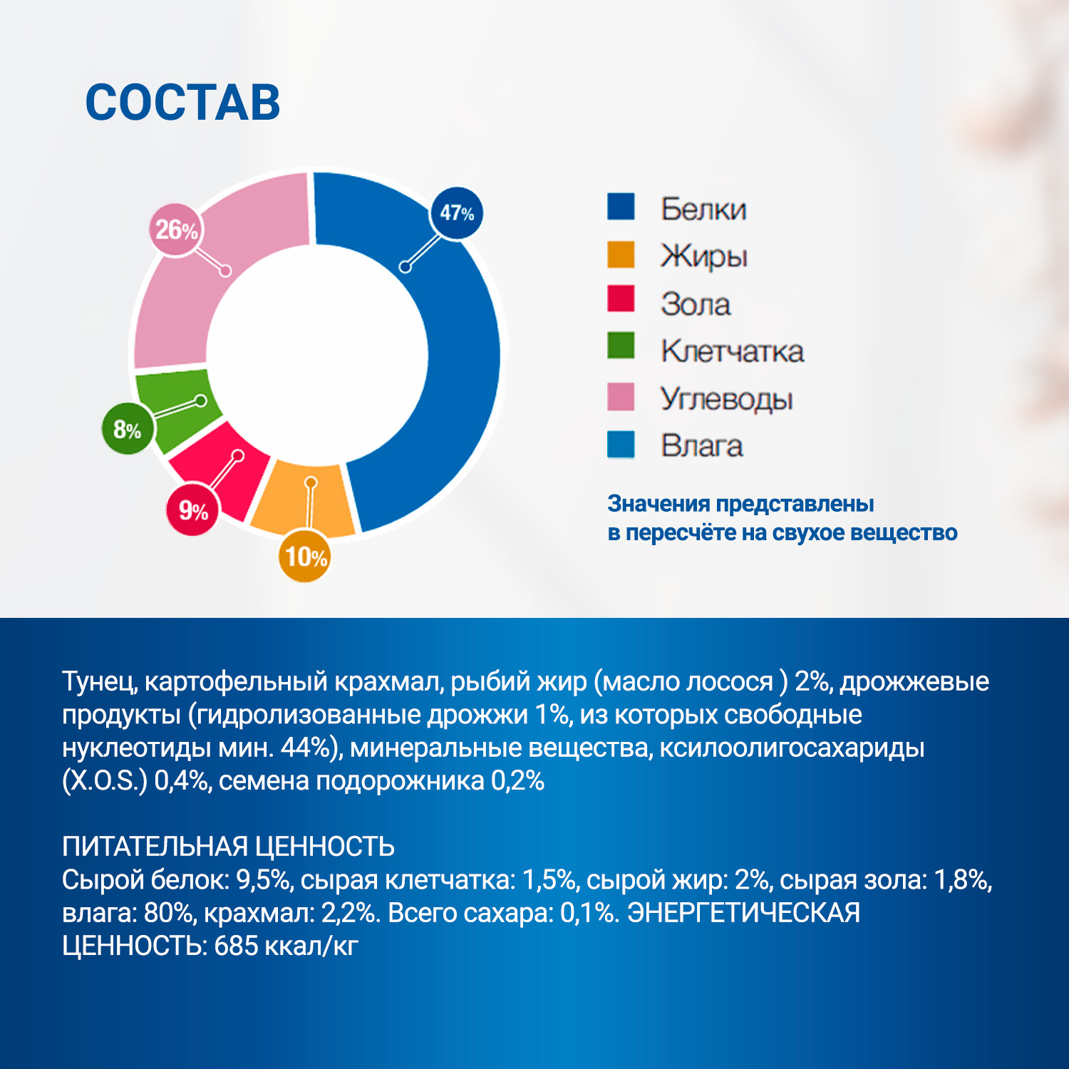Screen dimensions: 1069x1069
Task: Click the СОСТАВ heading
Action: tap(182, 103)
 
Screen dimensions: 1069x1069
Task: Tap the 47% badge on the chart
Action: tap(457, 212)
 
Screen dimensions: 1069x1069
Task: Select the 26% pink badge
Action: tap(176, 229)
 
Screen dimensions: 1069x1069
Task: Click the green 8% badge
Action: tap(128, 430)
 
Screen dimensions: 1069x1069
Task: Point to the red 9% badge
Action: tap(192, 510)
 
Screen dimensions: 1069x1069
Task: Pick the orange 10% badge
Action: tap(305, 557)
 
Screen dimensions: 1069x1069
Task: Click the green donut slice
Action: tap(171, 406)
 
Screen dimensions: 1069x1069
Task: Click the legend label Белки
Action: tap(703, 209)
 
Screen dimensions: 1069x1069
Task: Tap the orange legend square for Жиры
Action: tap(621, 255)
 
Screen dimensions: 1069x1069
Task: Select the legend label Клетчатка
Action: tap(733, 351)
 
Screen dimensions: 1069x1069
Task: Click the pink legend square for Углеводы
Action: tap(621, 397)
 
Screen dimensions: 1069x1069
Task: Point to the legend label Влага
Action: tap(702, 446)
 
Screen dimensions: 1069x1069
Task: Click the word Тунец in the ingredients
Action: tap(99, 681)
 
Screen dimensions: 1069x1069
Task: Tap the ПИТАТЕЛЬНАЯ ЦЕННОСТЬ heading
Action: tap(228, 847)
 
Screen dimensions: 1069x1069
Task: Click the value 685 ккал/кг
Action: tap(286, 946)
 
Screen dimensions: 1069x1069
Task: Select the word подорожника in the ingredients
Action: tap(400, 781)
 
